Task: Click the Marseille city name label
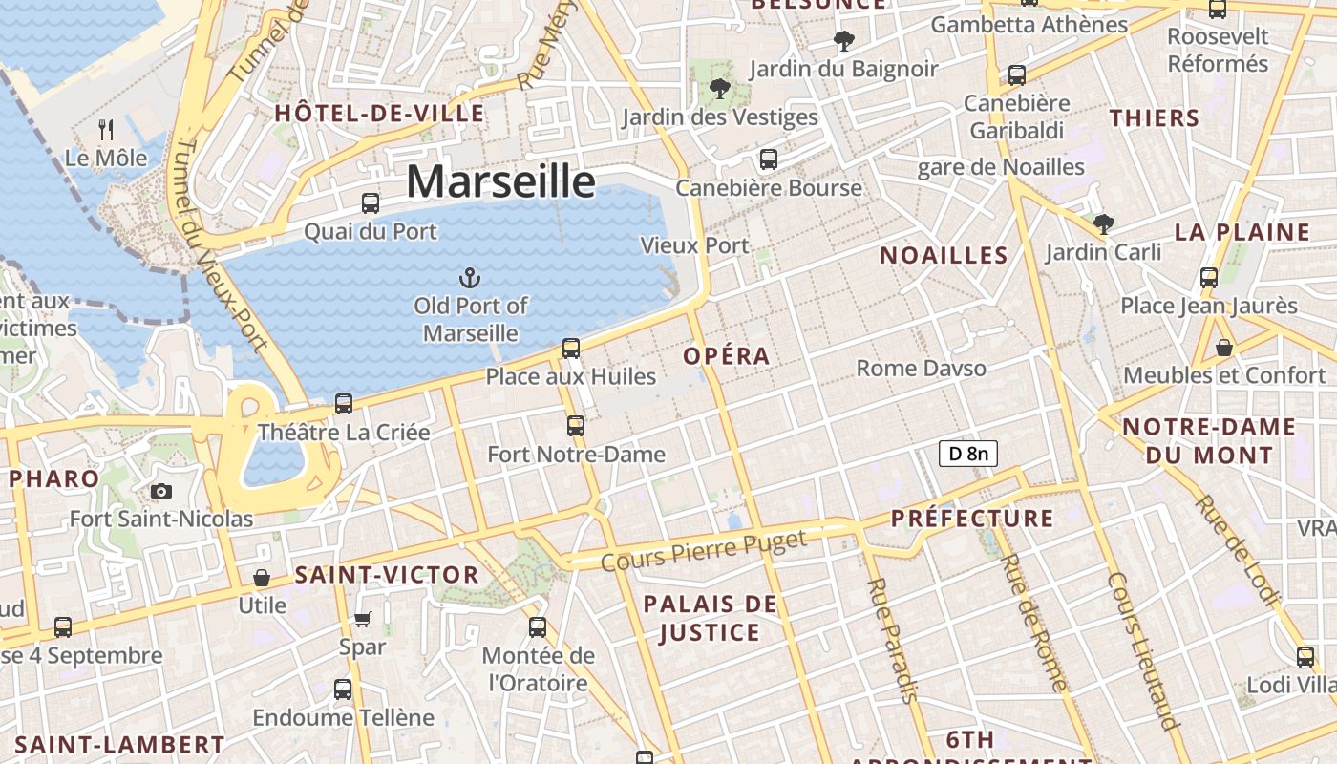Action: pyautogui.click(x=500, y=181)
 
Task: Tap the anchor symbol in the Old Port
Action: pyautogui.click(x=469, y=278)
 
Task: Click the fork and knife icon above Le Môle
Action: pyautogui.click(x=107, y=129)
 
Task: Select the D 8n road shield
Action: pyautogui.click(x=968, y=454)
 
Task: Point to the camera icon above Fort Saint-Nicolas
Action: pyautogui.click(x=161, y=491)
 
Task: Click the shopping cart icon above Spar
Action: pyautogui.click(x=362, y=619)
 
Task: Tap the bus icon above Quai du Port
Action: pyautogui.click(x=370, y=202)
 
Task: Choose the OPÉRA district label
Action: pyautogui.click(x=726, y=356)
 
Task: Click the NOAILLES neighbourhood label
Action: pyautogui.click(x=944, y=255)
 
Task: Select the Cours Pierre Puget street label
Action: pyautogui.click(x=704, y=551)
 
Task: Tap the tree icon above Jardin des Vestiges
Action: pyautogui.click(x=719, y=89)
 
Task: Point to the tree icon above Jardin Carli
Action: pyautogui.click(x=1103, y=224)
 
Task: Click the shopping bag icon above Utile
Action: pyautogui.click(x=261, y=577)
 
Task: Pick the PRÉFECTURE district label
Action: pyautogui.click(x=972, y=519)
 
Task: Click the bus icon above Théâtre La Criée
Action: pyautogui.click(x=343, y=403)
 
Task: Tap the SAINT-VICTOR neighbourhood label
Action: pyautogui.click(x=387, y=575)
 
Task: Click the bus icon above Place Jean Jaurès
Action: pyautogui.click(x=1208, y=278)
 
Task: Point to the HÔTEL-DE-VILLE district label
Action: pyautogui.click(x=379, y=114)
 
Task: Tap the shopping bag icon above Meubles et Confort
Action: pyautogui.click(x=1223, y=347)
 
